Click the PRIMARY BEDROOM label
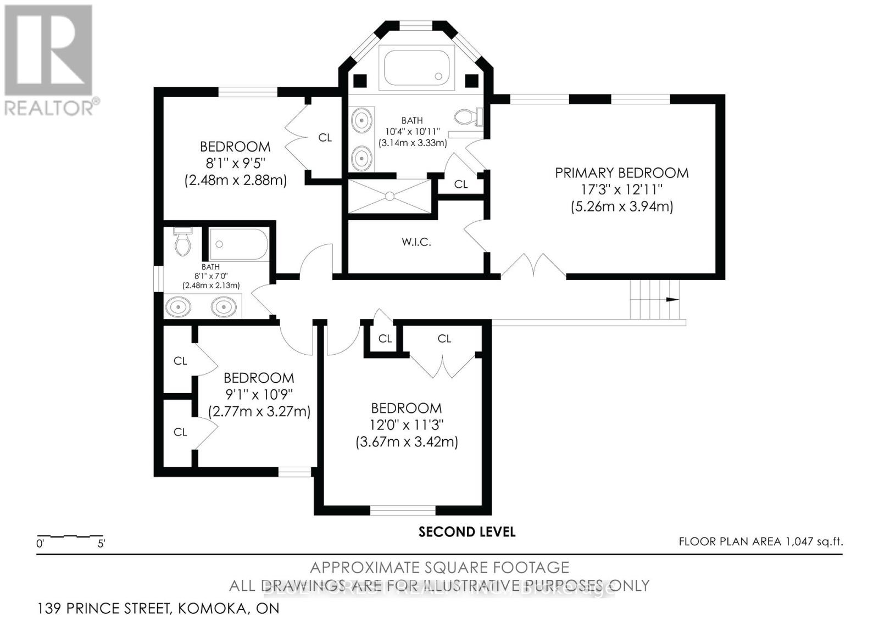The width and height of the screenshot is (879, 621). click(x=621, y=173)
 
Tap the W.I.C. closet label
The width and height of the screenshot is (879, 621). click(x=416, y=242)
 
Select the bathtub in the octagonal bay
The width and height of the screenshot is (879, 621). click(x=415, y=69)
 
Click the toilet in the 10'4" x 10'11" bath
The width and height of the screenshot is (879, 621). click(x=468, y=117)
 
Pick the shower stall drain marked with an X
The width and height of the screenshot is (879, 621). click(x=390, y=195)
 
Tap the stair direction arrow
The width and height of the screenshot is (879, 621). click(x=672, y=300)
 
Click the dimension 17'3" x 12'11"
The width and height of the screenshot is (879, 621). click(x=621, y=190)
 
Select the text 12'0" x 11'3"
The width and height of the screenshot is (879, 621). click(x=407, y=425)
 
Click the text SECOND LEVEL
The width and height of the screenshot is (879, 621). click(x=467, y=532)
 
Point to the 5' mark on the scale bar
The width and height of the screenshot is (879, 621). click(x=101, y=544)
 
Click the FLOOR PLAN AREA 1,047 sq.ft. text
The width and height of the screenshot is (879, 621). click(x=760, y=541)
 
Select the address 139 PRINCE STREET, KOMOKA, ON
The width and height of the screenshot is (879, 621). click(x=158, y=608)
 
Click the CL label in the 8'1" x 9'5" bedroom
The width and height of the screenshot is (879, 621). click(x=325, y=138)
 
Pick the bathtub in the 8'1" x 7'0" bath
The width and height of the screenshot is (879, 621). click(x=239, y=245)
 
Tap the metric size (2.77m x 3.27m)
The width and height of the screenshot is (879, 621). click(x=259, y=411)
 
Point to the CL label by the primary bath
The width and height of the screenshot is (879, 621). click(x=461, y=184)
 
